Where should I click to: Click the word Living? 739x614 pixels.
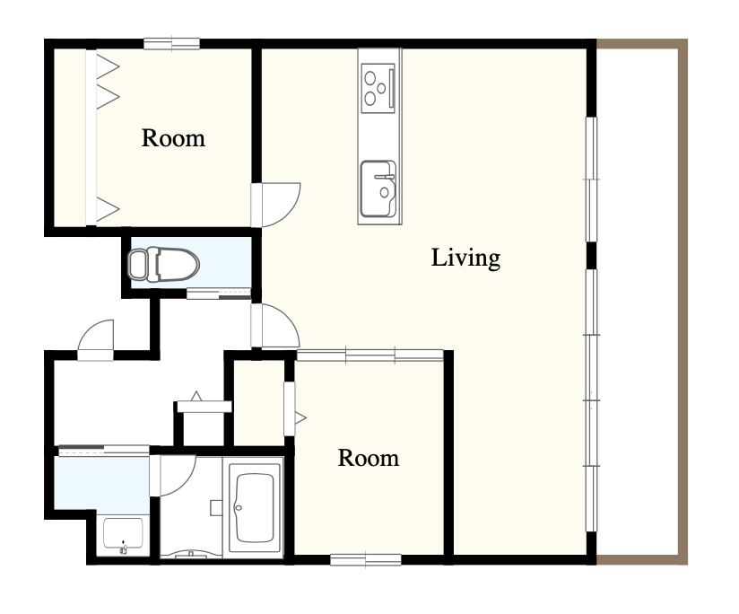tap(465, 258)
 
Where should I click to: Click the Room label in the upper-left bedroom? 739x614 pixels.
tap(173, 138)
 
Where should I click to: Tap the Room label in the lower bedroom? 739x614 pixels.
tap(369, 458)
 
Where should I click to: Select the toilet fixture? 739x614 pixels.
tap(163, 264)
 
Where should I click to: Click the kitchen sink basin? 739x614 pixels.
tap(378, 189)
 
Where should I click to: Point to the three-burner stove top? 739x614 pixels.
tap(378, 88)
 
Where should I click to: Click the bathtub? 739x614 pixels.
tap(255, 508)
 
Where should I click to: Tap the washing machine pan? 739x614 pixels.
tap(123, 535)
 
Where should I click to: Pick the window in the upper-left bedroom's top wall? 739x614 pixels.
tap(171, 44)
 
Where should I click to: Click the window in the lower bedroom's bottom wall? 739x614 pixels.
tap(366, 560)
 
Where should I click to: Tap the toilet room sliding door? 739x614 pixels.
tap(219, 294)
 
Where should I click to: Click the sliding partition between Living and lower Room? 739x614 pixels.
tap(370, 355)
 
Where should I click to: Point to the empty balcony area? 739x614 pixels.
tap(637, 302)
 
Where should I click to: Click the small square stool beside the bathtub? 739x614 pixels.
tap(216, 508)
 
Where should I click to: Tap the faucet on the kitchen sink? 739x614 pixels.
tap(385, 178)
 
